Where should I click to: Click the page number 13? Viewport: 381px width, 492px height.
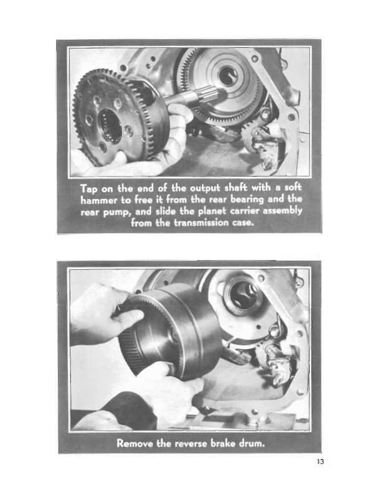[x=321, y=462]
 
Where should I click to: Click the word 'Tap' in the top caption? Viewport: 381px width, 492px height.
[x=89, y=189]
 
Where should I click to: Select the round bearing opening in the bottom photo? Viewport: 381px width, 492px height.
[x=243, y=295]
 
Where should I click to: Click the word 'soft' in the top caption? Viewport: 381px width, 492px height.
[x=293, y=187]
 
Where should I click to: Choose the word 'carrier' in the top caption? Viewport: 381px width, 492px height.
[x=246, y=211]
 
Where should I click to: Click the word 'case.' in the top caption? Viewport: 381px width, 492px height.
[x=243, y=223]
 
